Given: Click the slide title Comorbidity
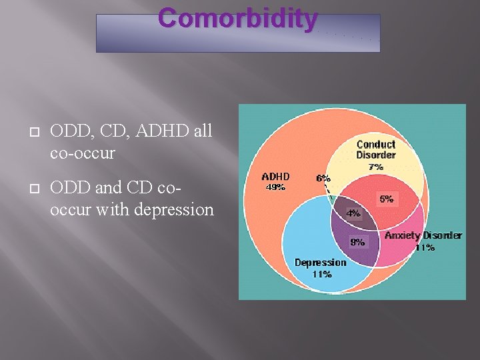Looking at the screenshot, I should [237, 19].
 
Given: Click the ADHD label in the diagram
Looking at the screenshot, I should [275, 177].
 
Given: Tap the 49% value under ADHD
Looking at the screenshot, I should [275, 187].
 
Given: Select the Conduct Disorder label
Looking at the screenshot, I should [376, 149].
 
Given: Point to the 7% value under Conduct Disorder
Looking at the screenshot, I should [376, 167].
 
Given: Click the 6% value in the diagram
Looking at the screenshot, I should [323, 178].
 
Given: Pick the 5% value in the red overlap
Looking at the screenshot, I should [387, 199].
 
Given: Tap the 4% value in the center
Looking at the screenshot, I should [353, 213].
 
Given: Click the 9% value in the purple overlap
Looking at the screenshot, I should [358, 242].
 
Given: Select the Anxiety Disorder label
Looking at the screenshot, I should [423, 235].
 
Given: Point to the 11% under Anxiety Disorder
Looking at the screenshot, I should [425, 247].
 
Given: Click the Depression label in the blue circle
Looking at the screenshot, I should [321, 263].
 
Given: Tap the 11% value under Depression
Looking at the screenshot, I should [321, 274].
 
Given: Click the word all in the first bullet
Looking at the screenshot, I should [201, 131].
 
